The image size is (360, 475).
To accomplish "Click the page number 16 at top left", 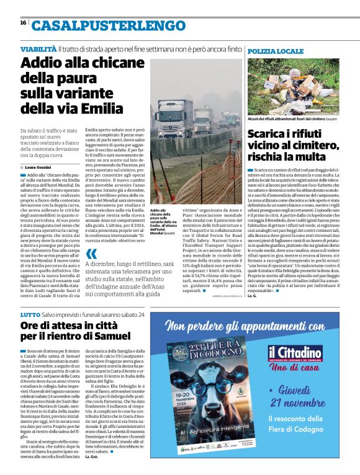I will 23,23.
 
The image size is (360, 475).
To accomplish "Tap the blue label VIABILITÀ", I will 38,48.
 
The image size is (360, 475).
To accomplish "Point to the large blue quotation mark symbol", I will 92,254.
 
